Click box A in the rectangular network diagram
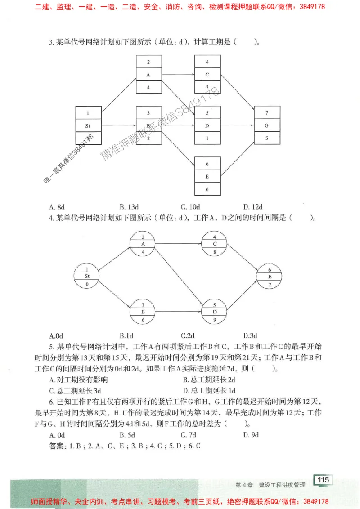(148, 74)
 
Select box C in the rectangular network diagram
(207, 74)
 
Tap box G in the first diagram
(267, 125)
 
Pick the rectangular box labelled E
(207, 176)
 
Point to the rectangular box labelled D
(207, 125)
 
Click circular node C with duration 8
(215, 244)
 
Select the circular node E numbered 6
(270, 277)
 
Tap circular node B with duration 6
(143, 311)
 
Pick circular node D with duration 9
(215, 311)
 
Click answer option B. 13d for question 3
(129, 207)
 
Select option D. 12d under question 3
(253, 207)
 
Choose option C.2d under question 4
(188, 335)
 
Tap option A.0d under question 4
(56, 335)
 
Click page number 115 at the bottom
(323, 480)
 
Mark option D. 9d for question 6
(251, 434)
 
